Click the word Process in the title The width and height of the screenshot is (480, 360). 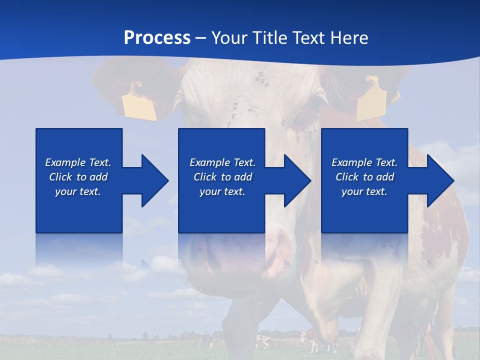[157, 38]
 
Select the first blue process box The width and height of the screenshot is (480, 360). [79, 210]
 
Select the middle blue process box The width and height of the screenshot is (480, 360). [221, 210]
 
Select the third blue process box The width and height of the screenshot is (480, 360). [364, 210]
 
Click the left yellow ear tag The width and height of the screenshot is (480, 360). [138, 102]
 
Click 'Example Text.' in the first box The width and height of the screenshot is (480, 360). [78, 162]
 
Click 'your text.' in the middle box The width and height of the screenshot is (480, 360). [222, 191]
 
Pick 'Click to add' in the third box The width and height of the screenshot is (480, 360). [364, 177]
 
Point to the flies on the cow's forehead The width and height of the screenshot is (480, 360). [259, 78]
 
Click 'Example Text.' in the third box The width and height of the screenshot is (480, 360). [364, 162]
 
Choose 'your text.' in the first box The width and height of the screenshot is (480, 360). [78, 191]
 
